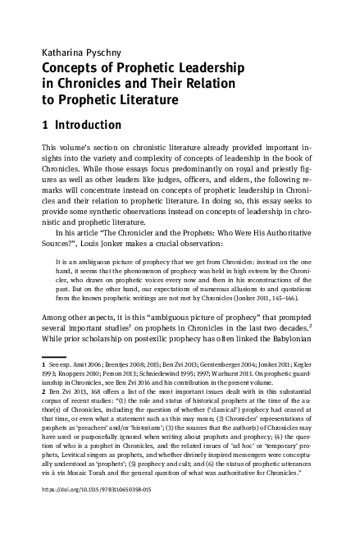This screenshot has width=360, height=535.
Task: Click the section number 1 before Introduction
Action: point(44,126)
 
